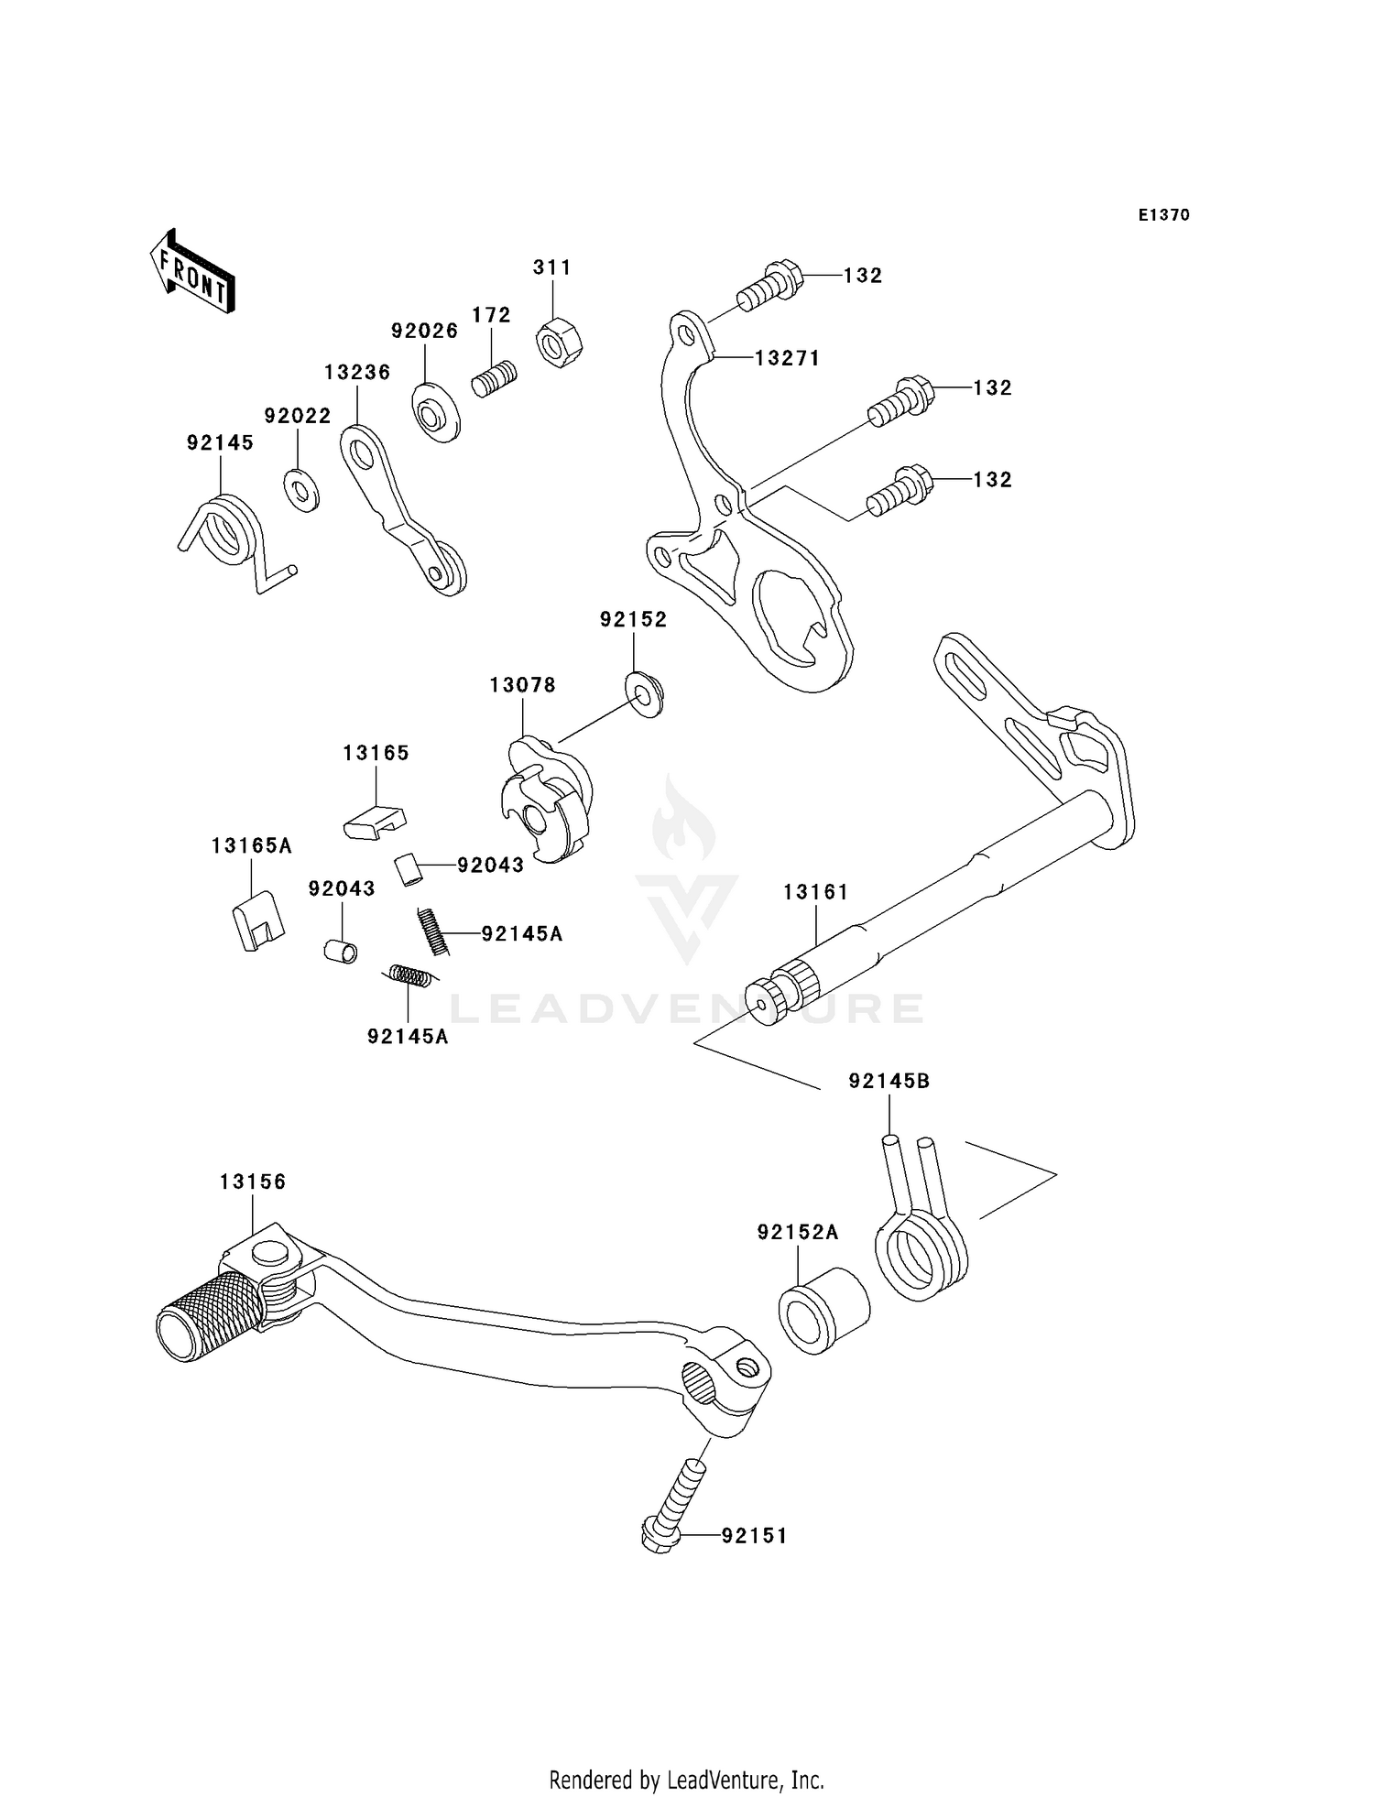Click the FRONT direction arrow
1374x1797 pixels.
(192, 273)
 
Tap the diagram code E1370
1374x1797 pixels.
(1163, 215)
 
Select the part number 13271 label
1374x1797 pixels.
(787, 358)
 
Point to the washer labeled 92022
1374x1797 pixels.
(300, 489)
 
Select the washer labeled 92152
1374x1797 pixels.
(646, 693)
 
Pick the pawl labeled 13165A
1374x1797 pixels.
(257, 920)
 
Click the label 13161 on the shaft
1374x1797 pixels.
(815, 891)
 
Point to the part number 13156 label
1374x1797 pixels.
(253, 1182)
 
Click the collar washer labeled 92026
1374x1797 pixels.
(436, 414)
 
